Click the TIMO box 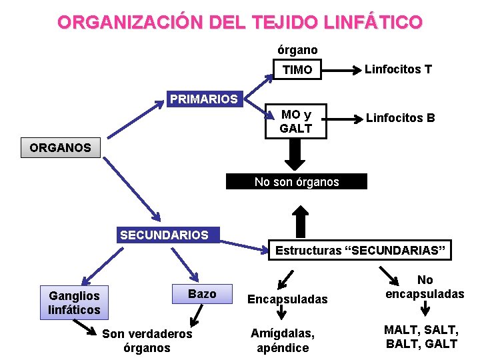[297, 70]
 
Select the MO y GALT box [296, 122]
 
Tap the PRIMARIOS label [204, 99]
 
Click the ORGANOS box [61, 147]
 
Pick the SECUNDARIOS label [164, 235]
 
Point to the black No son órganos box [297, 182]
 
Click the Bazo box [203, 294]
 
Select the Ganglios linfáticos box [74, 303]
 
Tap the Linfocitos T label [398, 69]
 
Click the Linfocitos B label [401, 118]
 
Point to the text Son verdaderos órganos [147, 341]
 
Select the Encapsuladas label [287, 299]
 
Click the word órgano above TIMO [297, 50]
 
